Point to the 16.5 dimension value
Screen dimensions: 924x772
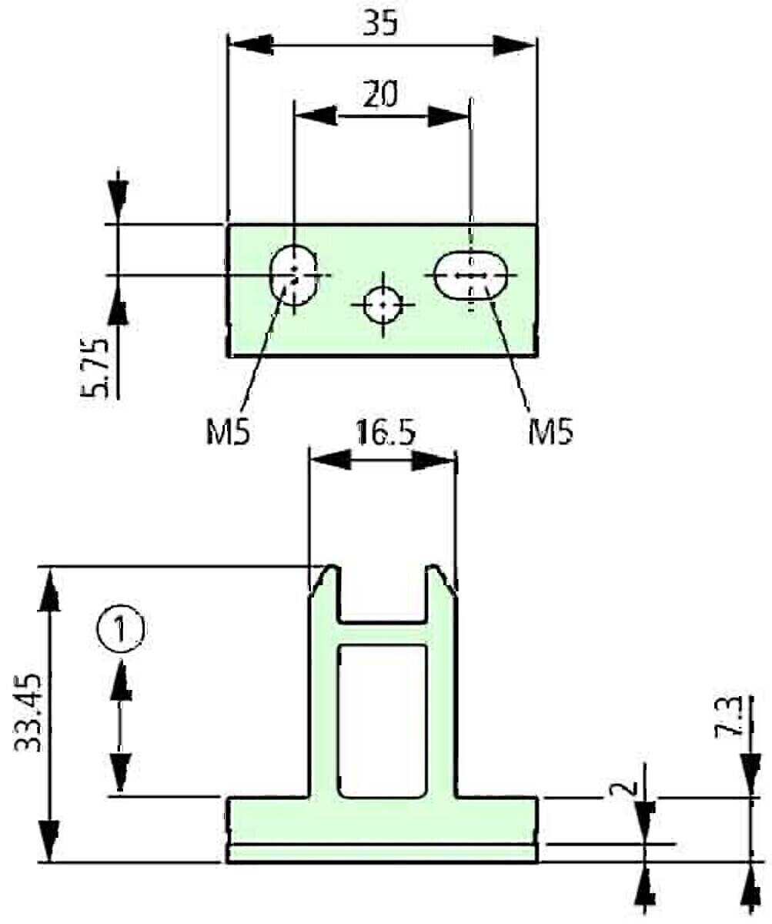pyautogui.click(x=385, y=434)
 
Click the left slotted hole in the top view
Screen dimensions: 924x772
pyautogui.click(x=293, y=274)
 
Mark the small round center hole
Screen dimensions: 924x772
pyautogui.click(x=382, y=305)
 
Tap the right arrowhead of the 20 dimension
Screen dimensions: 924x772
pyautogui.click(x=449, y=116)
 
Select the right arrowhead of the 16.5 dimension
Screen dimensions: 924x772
pyautogui.click(x=436, y=460)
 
